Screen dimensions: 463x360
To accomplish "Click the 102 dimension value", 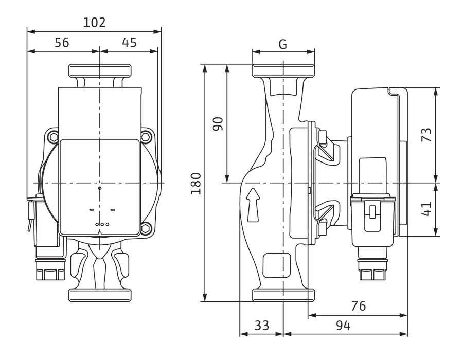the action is [94, 23].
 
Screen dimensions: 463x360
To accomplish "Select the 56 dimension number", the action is [62, 43].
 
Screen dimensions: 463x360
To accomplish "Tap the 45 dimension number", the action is [129, 43].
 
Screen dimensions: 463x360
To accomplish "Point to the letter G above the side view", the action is [283, 44].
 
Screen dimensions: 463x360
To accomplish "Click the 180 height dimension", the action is [196, 184].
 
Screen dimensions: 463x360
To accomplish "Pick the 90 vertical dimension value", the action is [218, 124].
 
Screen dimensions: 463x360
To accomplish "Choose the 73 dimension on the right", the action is [426, 135].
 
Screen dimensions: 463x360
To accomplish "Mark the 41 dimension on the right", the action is [426, 209].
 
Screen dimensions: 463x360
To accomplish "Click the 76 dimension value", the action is [359, 305].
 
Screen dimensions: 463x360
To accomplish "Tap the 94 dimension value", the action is [344, 326].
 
